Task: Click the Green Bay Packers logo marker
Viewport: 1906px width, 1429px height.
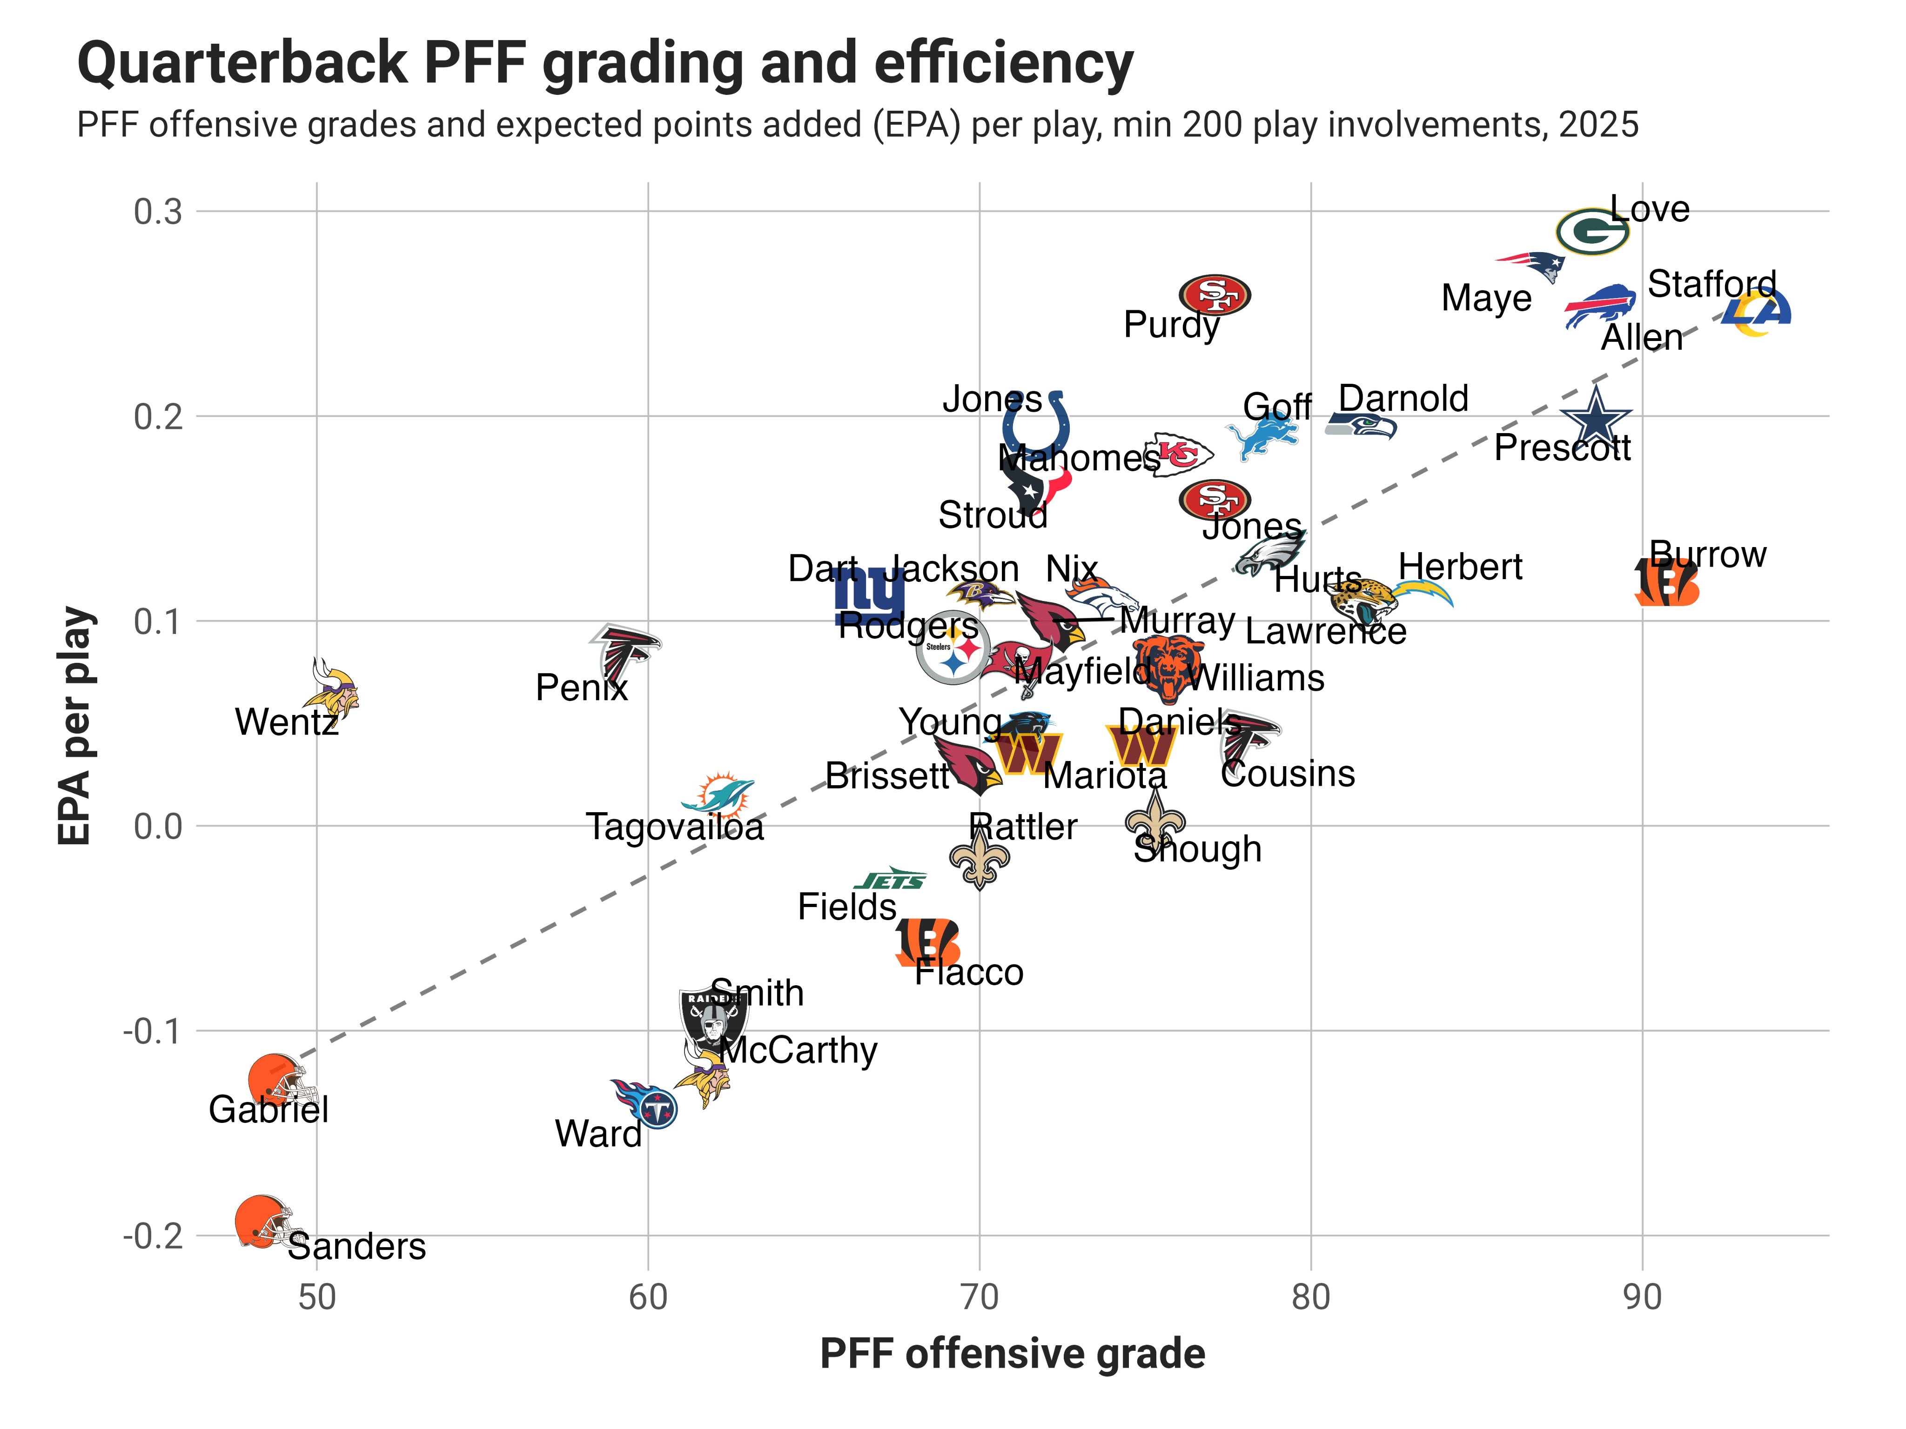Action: coord(1591,232)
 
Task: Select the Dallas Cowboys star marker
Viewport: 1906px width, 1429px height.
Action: coord(1596,417)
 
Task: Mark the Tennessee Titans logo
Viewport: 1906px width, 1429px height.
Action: coord(646,1102)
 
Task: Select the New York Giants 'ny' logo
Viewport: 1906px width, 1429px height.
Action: coord(869,594)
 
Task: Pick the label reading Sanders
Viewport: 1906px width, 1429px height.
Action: coord(357,1246)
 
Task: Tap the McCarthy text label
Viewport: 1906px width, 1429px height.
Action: coord(798,1050)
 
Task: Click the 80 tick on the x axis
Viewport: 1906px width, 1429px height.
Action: coord(1310,1296)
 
